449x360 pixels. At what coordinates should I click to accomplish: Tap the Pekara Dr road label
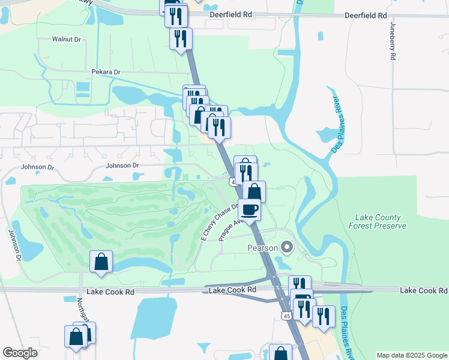[x=106, y=72]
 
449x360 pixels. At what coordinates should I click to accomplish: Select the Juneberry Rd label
[x=393, y=41]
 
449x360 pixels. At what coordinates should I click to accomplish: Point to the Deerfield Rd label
[x=366, y=15]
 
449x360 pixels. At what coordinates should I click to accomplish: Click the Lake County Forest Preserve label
[x=381, y=221]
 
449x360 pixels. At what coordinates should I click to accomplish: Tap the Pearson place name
[x=263, y=248]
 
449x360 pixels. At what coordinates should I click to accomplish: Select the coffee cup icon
[x=249, y=209]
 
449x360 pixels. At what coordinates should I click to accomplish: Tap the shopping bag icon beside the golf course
[x=101, y=261]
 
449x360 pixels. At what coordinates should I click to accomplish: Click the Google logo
[x=20, y=353]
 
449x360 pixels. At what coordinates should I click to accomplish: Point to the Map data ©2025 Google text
[x=412, y=355]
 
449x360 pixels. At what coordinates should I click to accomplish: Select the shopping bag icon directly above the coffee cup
[x=255, y=191]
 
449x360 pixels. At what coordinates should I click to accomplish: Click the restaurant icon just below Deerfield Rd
[x=181, y=39]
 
